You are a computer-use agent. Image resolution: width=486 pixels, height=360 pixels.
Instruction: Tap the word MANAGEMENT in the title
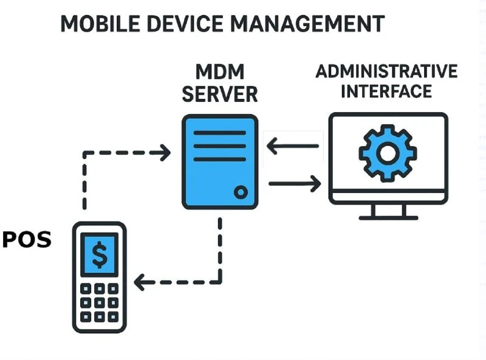(308, 24)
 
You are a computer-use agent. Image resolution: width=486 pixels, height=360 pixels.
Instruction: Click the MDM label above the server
(220, 72)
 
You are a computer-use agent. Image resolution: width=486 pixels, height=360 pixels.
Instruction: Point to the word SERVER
(220, 94)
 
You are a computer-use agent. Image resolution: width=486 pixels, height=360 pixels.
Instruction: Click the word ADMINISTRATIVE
(386, 71)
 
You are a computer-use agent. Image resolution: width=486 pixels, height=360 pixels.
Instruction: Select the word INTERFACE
(386, 91)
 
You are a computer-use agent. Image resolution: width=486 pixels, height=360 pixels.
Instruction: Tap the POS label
(27, 239)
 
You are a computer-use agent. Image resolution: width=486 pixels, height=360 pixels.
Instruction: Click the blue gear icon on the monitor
(388, 154)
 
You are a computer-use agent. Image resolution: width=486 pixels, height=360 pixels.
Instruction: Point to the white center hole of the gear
(388, 154)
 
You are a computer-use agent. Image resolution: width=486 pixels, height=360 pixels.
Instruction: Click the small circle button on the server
(241, 192)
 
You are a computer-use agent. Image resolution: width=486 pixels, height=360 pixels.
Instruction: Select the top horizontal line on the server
(220, 133)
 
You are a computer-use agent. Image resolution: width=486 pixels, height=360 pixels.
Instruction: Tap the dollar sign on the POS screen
(100, 254)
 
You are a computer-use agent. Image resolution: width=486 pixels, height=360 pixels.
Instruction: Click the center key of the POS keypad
(100, 303)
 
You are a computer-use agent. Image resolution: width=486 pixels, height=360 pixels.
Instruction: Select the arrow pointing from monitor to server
(293, 146)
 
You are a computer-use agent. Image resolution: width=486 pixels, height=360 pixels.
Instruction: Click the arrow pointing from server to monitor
(295, 184)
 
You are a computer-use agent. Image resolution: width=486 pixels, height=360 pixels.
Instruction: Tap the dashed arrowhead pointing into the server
(165, 152)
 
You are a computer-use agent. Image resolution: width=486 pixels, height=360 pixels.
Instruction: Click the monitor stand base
(388, 218)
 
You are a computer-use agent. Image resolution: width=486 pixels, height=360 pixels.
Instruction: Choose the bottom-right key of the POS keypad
(113, 317)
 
